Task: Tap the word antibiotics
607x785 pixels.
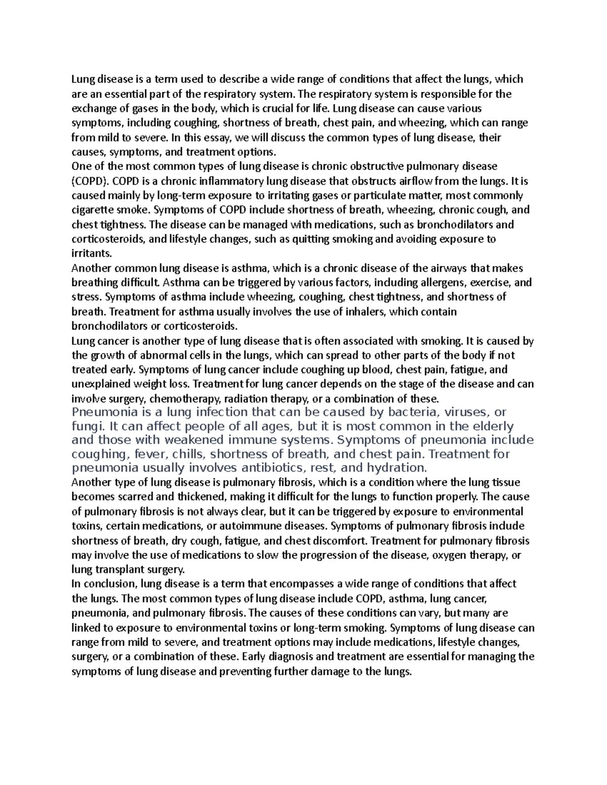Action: (x=280, y=467)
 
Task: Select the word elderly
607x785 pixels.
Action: (x=489, y=426)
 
